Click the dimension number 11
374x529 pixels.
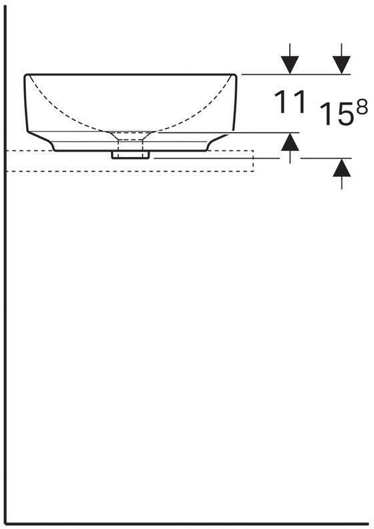click(290, 102)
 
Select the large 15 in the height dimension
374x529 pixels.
click(335, 114)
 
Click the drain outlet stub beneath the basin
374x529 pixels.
click(132, 154)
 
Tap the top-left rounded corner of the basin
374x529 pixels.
click(27, 77)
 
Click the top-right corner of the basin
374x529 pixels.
click(235, 75)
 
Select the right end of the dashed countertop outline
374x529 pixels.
click(254, 161)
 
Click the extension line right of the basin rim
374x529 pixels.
click(267, 74)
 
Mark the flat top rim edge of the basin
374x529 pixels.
click(131, 74)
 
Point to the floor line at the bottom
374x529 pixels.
click(187, 522)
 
